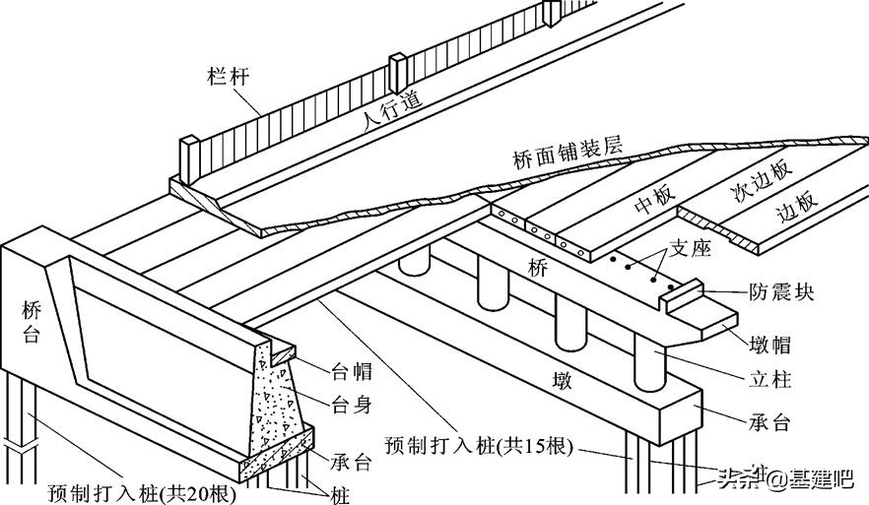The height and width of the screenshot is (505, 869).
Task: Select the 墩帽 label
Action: tap(770, 346)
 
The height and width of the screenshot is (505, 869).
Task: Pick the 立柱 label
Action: tap(769, 379)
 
